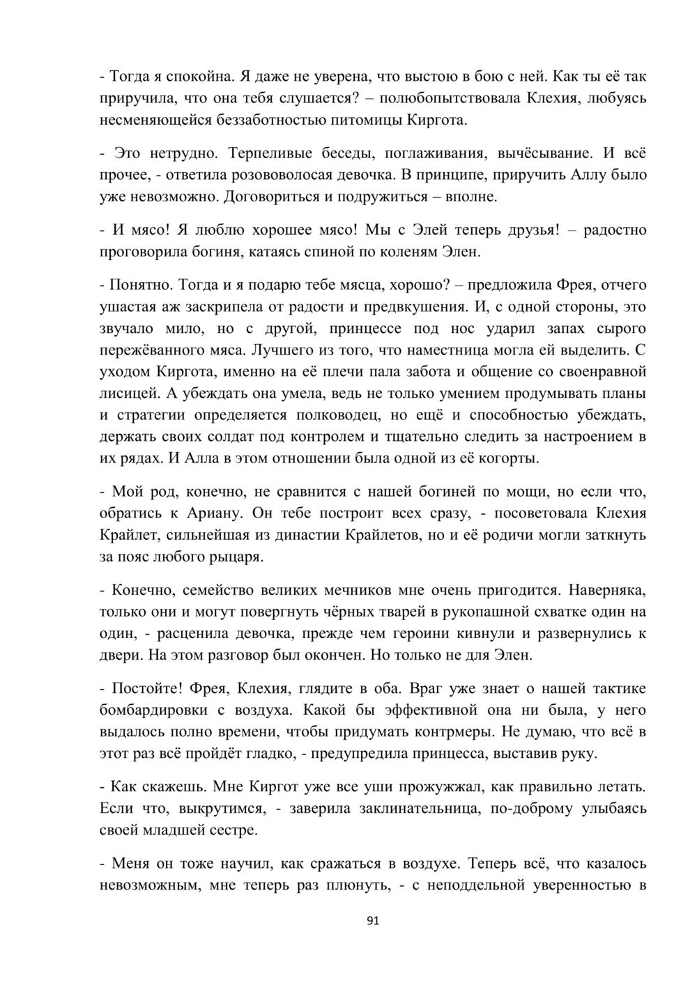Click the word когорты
tap(508, 458)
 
